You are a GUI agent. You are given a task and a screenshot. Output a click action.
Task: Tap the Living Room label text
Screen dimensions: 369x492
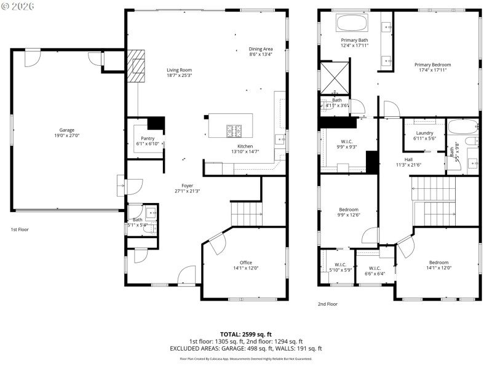coord(179,70)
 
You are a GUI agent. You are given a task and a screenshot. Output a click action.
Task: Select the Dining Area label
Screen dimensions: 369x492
coord(260,49)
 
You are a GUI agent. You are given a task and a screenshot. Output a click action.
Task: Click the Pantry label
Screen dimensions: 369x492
coord(148,138)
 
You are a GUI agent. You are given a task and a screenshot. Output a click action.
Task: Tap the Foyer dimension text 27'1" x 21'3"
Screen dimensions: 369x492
coord(186,191)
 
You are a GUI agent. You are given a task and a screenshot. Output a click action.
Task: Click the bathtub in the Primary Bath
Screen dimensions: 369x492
coord(352,25)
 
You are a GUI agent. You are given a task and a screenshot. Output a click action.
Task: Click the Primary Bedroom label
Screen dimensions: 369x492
coord(432,65)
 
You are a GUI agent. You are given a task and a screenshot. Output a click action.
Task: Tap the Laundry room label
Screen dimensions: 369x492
coord(424,133)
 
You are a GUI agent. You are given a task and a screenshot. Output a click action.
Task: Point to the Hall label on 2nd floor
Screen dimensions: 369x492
coord(408,159)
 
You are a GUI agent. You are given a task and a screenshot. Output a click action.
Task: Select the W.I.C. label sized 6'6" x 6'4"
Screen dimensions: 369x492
coord(375,268)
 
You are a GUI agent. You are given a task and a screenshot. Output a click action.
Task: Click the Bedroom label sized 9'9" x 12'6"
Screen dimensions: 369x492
coord(349,210)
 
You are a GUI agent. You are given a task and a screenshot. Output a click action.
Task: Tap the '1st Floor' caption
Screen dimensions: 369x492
coord(19,229)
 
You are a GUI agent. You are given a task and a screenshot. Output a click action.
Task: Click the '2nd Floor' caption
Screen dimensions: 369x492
coord(328,304)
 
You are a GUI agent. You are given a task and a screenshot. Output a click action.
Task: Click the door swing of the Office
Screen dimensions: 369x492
coord(216,244)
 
